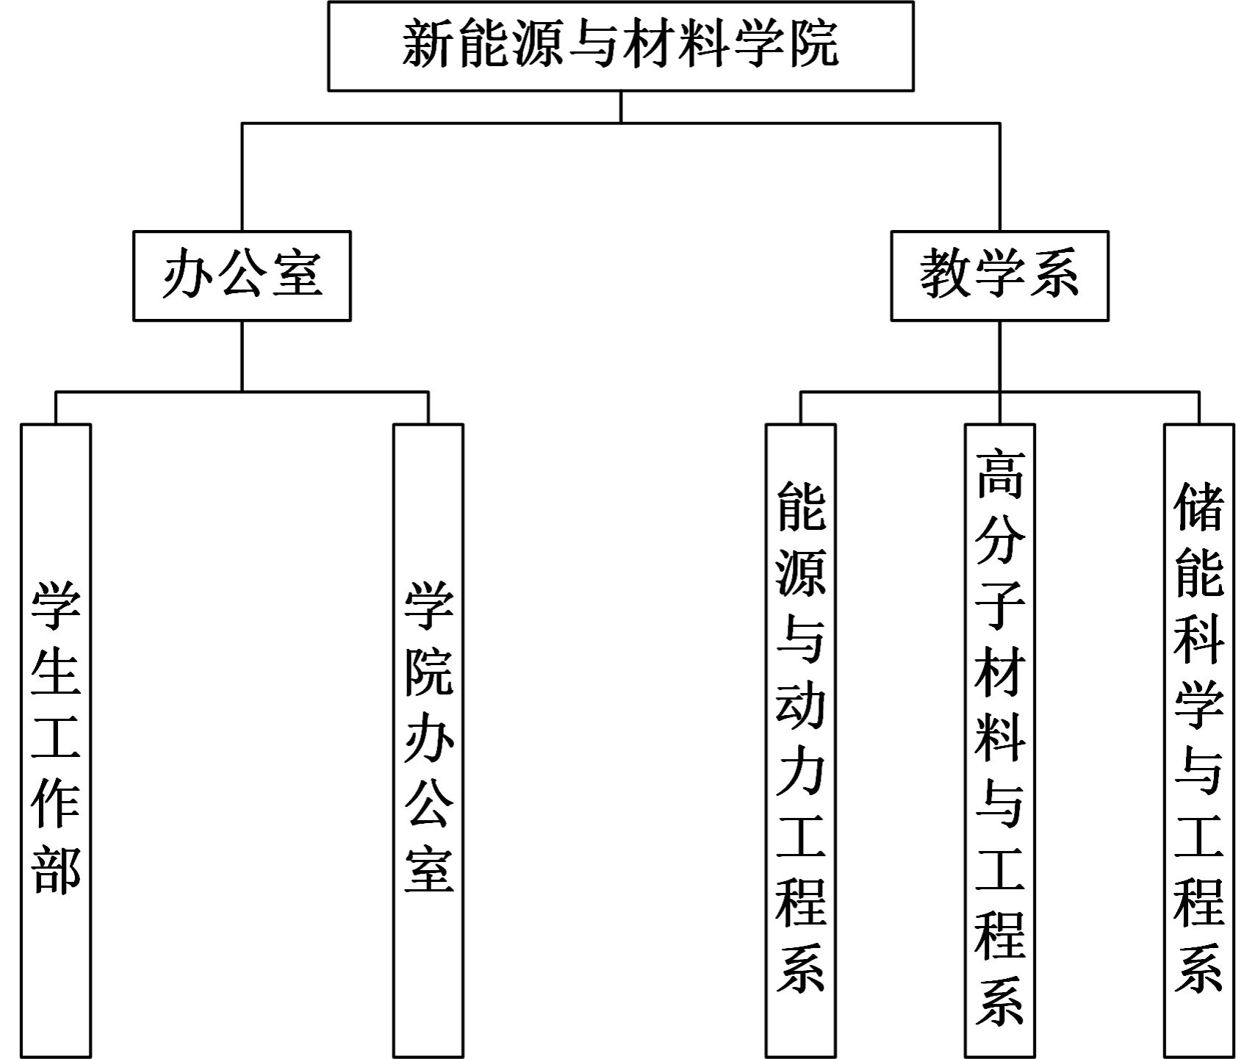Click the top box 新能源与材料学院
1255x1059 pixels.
pos(620,46)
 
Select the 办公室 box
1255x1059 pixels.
pos(242,276)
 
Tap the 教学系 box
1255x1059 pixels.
pos(999,276)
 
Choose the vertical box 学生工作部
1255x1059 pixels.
pos(56,740)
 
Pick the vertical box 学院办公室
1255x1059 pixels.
pos(428,740)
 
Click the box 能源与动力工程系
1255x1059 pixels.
pos(801,740)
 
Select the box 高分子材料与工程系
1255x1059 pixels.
pos(1000,740)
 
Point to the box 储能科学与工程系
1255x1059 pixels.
pos(1199,740)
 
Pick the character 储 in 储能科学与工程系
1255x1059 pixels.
pos(1199,506)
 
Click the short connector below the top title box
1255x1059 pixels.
pos(621,107)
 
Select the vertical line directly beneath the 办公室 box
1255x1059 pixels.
pos(242,356)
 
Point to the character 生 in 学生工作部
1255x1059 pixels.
pos(56,672)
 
